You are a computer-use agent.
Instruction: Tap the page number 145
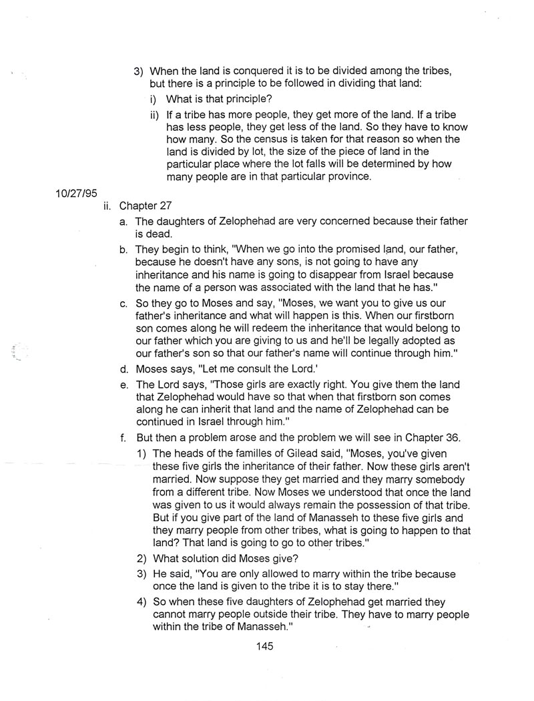(x=264, y=646)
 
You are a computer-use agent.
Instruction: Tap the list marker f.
(x=123, y=438)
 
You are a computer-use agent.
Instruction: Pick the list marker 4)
(x=142, y=602)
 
